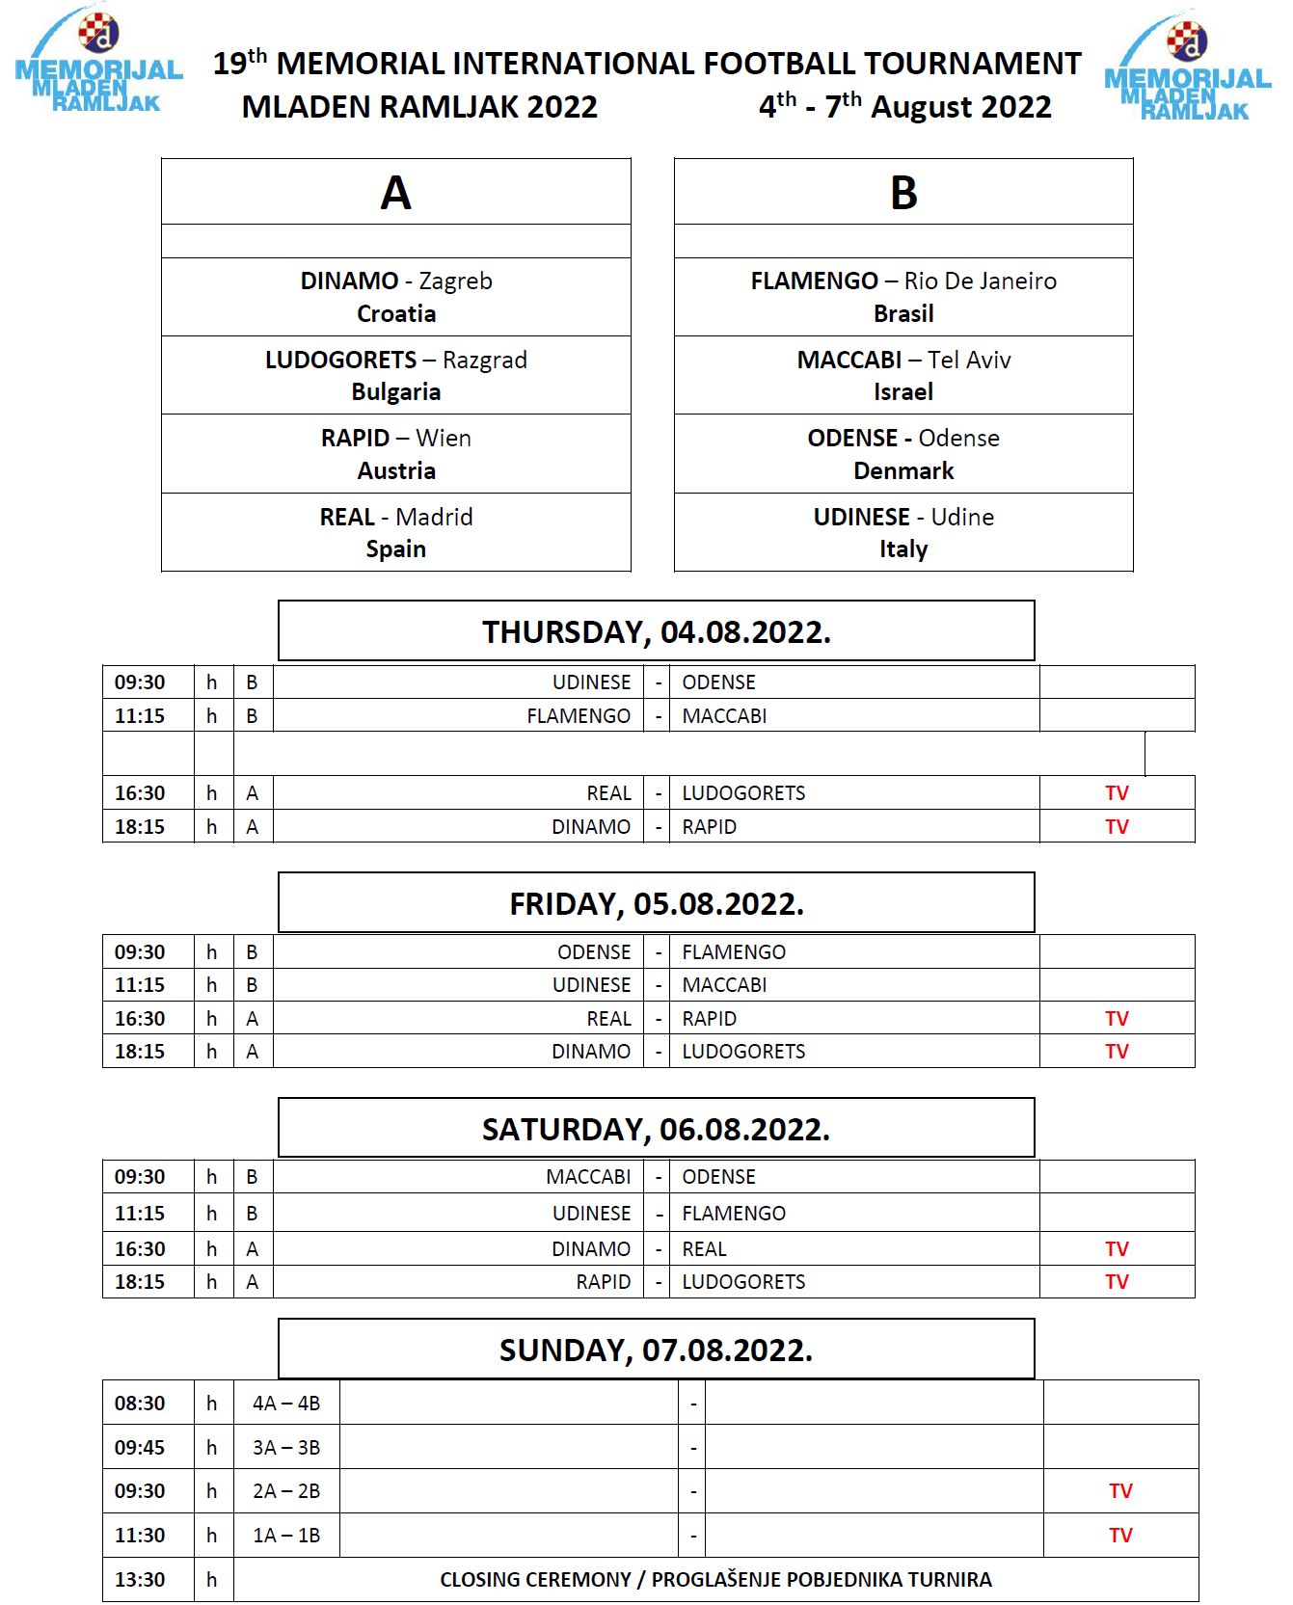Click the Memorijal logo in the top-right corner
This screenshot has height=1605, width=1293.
tap(1187, 67)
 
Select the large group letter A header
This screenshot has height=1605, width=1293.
tap(395, 193)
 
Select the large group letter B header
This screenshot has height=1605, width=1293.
tap(903, 193)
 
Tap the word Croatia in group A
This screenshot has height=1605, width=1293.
tap(396, 314)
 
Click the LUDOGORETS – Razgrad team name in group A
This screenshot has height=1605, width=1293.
tap(396, 360)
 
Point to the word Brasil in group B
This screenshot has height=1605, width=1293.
tap(903, 314)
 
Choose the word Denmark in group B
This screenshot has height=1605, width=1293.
tap(903, 471)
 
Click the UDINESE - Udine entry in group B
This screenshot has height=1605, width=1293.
tap(903, 517)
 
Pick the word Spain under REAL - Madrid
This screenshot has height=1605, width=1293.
tap(395, 549)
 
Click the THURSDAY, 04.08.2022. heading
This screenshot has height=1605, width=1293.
tap(656, 632)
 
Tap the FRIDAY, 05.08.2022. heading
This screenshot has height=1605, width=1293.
tap(656, 904)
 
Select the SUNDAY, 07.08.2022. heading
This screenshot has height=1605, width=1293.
tap(656, 1351)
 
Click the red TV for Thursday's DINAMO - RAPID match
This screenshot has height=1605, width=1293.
tap(1117, 827)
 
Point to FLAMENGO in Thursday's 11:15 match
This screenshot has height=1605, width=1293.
tap(579, 716)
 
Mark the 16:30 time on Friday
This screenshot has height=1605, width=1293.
tap(140, 1019)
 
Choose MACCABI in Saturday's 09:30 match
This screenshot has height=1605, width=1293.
tap(588, 1177)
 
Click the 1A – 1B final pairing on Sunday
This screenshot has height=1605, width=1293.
tap(286, 1536)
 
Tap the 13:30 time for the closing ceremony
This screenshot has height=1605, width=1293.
tap(140, 1580)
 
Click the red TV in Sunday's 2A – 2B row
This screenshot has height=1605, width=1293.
tap(1120, 1491)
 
